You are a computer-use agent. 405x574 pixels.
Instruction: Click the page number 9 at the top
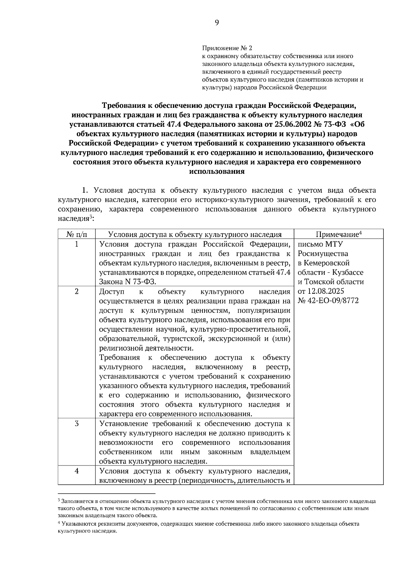coord(217,23)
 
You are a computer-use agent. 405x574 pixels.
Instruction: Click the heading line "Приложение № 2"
coord(227,48)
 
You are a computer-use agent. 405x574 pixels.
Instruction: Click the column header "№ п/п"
coord(77,235)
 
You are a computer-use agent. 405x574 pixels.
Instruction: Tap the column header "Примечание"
coord(337,235)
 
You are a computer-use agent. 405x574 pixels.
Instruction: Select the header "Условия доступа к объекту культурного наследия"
coord(195,235)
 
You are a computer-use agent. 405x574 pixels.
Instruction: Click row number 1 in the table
coord(77,244)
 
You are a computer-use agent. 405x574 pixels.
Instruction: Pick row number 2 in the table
coord(77,291)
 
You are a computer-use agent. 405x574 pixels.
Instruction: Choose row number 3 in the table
coord(77,423)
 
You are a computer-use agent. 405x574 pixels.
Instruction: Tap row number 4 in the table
coord(77,471)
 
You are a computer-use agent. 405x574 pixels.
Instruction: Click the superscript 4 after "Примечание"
coord(360,233)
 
